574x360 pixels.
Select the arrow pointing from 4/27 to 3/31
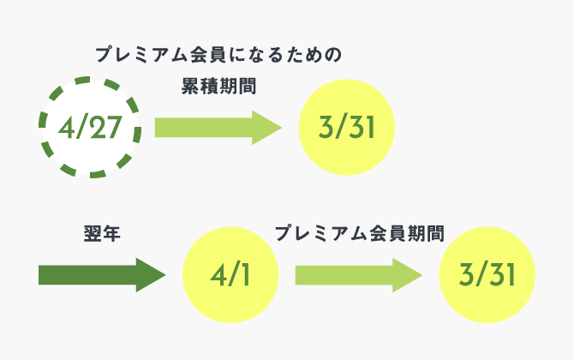tap(218, 128)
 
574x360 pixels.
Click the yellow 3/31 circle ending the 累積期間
tap(347, 128)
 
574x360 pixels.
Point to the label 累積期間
tap(218, 87)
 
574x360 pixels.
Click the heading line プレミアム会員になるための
tap(218, 55)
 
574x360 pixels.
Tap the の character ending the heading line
tap(333, 56)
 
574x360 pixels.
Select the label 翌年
tap(102, 234)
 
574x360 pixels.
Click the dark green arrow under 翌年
tap(102, 275)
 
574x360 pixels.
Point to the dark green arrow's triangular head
tap(151, 275)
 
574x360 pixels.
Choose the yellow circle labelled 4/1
tap(230, 275)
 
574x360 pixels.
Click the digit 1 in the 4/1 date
tap(245, 275)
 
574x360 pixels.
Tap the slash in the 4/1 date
tap(233, 275)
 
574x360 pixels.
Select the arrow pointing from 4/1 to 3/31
tap(359, 275)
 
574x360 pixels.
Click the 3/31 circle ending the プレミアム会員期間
tap(487, 275)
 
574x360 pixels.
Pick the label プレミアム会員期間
tap(360, 234)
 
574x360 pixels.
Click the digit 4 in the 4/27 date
tap(66, 128)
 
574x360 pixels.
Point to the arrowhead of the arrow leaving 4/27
tap(266, 128)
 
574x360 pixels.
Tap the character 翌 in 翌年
tap(93, 234)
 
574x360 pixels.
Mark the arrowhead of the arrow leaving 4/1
tap(408, 275)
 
